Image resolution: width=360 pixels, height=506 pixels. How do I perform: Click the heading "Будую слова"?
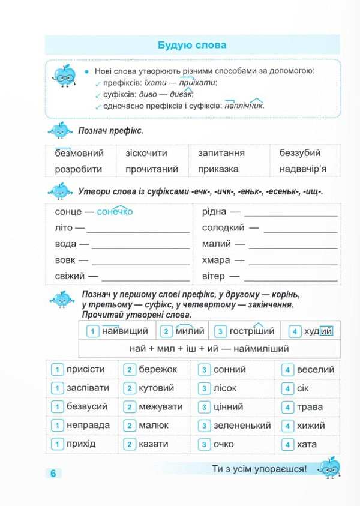point(192,45)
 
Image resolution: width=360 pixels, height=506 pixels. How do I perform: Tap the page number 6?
point(53,473)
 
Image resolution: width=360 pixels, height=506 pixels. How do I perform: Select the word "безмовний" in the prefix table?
point(79,153)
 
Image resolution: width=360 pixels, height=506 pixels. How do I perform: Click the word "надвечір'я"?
point(303,169)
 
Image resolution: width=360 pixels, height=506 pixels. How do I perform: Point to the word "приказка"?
point(218,169)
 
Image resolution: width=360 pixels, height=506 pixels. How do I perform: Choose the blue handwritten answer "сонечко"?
point(115,212)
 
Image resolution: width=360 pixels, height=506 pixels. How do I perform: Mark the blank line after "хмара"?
point(293,261)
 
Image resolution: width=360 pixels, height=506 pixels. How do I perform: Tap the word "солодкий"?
point(223,228)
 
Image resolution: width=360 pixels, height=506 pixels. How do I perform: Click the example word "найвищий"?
point(125,331)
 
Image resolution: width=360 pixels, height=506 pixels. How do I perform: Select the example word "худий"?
point(318,331)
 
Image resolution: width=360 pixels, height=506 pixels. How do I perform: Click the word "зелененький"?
point(242,426)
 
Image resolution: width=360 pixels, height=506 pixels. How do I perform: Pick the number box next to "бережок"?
point(129,370)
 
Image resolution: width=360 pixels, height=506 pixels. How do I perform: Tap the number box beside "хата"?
point(288,445)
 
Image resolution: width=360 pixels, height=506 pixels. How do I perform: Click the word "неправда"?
point(88,426)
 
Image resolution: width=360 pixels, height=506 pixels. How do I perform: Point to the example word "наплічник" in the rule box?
point(244,106)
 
